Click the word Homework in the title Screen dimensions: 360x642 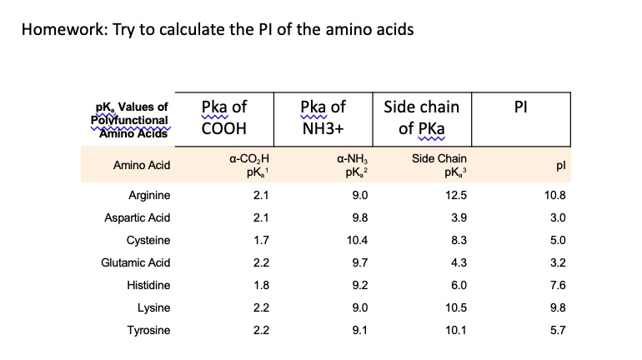point(59,31)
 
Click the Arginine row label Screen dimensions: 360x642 point(149,196)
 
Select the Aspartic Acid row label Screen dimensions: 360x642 point(138,218)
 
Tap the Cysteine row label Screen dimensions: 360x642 point(148,241)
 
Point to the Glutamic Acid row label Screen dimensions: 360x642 point(136,263)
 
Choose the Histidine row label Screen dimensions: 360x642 point(149,286)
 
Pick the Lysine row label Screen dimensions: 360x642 point(154,308)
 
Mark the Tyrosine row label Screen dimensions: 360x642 point(148,331)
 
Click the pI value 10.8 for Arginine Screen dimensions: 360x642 point(554,196)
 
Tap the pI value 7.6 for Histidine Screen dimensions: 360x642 point(558,286)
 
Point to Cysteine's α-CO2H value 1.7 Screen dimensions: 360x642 point(261,241)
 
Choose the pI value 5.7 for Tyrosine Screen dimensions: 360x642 point(558,331)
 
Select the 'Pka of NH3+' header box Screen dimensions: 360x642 point(323,118)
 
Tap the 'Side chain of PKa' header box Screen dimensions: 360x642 point(421,118)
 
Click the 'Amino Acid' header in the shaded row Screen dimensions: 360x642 point(142,165)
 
